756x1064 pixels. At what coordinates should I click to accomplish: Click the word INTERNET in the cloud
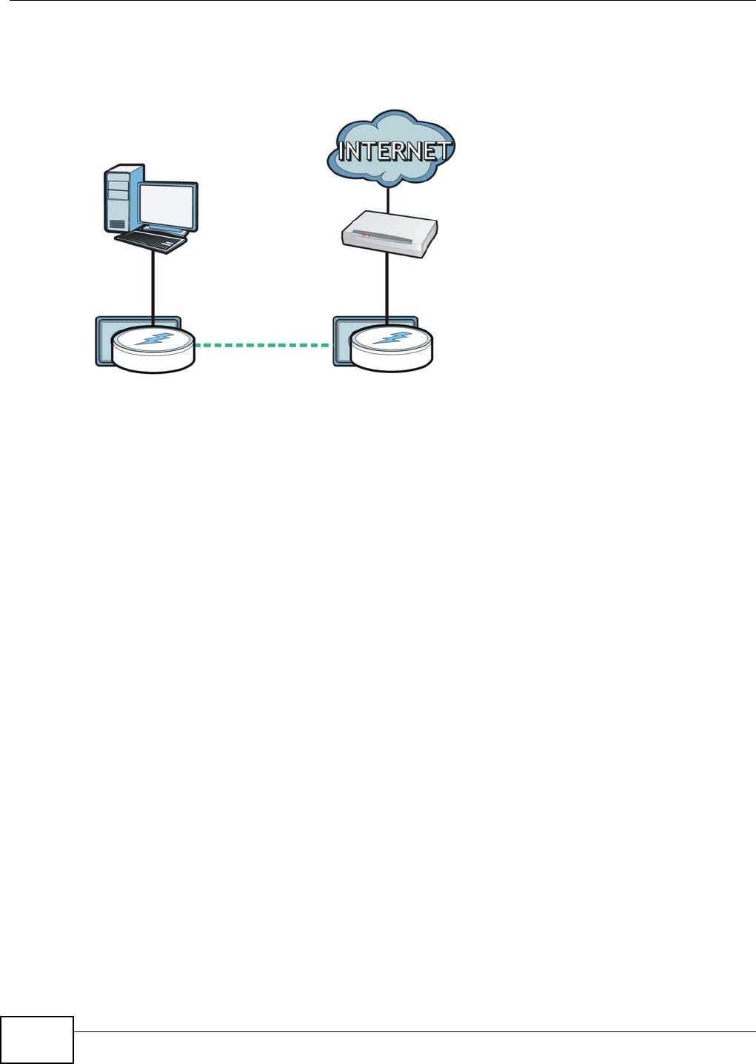point(392,152)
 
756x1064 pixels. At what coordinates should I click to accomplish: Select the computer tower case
point(118,200)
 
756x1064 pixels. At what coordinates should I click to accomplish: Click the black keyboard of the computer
point(150,240)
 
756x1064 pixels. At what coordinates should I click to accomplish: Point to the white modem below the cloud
point(389,233)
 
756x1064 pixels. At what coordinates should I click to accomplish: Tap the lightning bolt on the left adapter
point(153,340)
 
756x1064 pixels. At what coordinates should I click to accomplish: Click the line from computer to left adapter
point(153,285)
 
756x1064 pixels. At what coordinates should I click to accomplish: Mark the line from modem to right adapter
point(387,289)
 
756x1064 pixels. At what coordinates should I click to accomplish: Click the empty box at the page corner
point(37,1040)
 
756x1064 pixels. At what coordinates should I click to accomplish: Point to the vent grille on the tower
point(116,223)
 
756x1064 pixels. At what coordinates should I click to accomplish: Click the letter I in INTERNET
point(342,153)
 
